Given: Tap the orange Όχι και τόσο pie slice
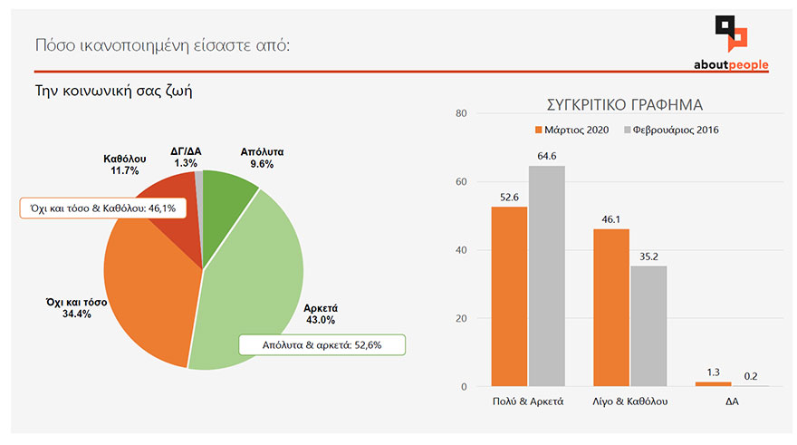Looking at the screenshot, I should click(x=149, y=290).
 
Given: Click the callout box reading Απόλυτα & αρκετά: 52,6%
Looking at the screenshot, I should click(x=321, y=344).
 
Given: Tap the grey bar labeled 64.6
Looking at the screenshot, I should click(x=546, y=276).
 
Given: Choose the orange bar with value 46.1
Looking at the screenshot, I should click(x=611, y=307).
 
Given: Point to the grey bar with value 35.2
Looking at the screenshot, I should click(x=648, y=326).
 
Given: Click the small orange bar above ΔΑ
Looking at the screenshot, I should click(x=713, y=384).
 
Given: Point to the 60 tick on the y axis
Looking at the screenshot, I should click(x=461, y=182).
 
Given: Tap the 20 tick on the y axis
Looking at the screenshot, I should click(x=461, y=319).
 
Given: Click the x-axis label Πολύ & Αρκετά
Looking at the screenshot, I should click(x=528, y=402).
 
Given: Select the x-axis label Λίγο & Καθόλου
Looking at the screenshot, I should click(x=630, y=402).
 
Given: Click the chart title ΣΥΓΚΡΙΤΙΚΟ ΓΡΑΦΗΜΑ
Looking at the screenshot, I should click(x=626, y=104).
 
